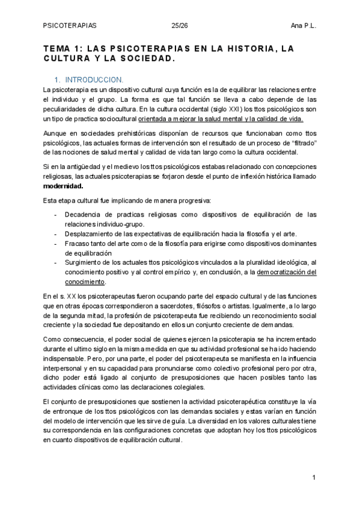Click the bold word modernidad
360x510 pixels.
pyautogui.click(x=63, y=186)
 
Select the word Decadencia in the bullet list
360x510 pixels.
pyautogui.click(x=82, y=215)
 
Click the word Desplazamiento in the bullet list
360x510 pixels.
pyautogui.click(x=91, y=233)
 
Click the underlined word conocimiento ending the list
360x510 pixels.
pyautogui.click(x=84, y=281)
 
